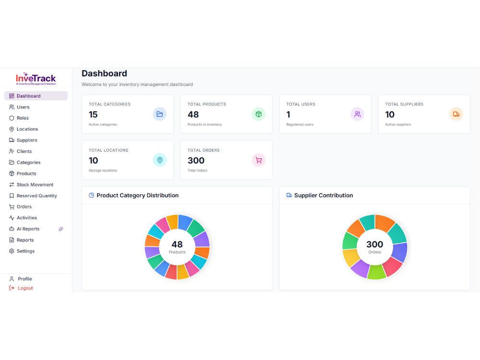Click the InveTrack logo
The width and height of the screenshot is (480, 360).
pyautogui.click(x=36, y=79)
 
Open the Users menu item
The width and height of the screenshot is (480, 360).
pyautogui.click(x=19, y=107)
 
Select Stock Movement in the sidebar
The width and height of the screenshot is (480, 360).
pyautogui.click(x=31, y=185)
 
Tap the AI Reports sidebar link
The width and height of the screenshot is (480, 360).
pyautogui.click(x=24, y=229)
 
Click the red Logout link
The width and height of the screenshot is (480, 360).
pyautogui.click(x=21, y=288)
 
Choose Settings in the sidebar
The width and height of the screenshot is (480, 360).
pyautogui.click(x=22, y=251)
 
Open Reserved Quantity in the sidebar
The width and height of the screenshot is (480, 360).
pyautogui.click(x=33, y=196)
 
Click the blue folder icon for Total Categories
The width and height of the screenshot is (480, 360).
pyautogui.click(x=160, y=114)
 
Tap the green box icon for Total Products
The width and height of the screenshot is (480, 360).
pyautogui.click(x=259, y=114)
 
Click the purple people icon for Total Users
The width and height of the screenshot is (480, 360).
pyautogui.click(x=357, y=114)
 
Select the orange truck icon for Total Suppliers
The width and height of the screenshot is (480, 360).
pyautogui.click(x=456, y=114)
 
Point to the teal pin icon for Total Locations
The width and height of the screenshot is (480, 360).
pyautogui.click(x=160, y=160)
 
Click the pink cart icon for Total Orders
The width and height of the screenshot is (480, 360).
pyautogui.click(x=259, y=160)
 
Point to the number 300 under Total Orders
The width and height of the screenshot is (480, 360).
pyautogui.click(x=196, y=160)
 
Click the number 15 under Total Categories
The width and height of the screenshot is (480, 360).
pyautogui.click(x=93, y=115)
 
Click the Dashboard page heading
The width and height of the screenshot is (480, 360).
pyautogui.click(x=104, y=73)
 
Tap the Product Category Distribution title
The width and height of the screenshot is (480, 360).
pyautogui.click(x=137, y=195)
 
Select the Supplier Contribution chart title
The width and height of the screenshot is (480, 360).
pyautogui.click(x=324, y=195)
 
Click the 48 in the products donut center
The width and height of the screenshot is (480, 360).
pyautogui.click(x=177, y=244)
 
